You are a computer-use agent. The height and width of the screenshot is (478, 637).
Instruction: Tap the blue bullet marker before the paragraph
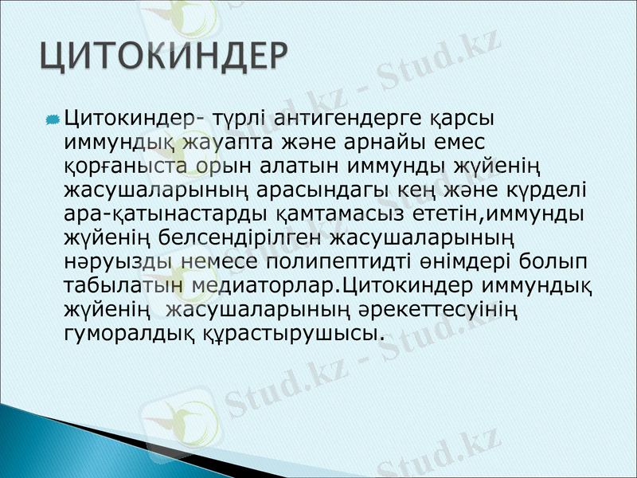(53, 119)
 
